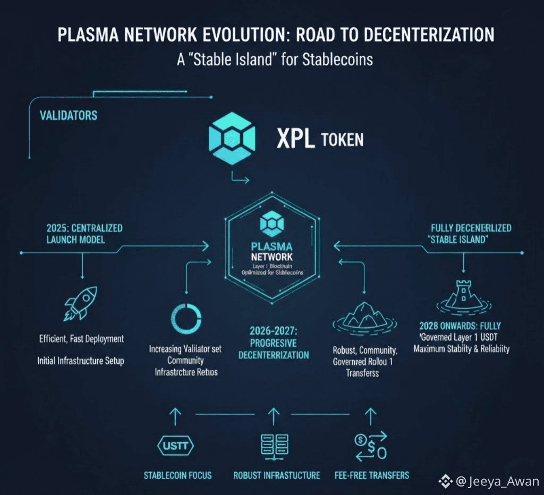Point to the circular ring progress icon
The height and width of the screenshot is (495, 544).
[x=186, y=317]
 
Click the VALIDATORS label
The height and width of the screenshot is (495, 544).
[x=69, y=115]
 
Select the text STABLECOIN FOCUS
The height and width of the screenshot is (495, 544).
[x=177, y=475]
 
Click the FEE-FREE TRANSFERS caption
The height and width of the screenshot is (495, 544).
[x=372, y=475]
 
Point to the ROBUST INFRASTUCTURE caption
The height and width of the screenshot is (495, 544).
[x=277, y=475]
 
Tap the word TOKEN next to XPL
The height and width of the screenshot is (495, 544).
[x=343, y=140]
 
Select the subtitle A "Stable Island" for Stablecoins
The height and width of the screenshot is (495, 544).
[x=275, y=58]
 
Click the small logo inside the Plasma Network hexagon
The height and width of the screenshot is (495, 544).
[x=272, y=227]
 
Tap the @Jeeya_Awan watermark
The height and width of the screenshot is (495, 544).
[x=489, y=482]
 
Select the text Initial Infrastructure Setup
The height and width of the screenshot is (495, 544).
[x=81, y=361]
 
